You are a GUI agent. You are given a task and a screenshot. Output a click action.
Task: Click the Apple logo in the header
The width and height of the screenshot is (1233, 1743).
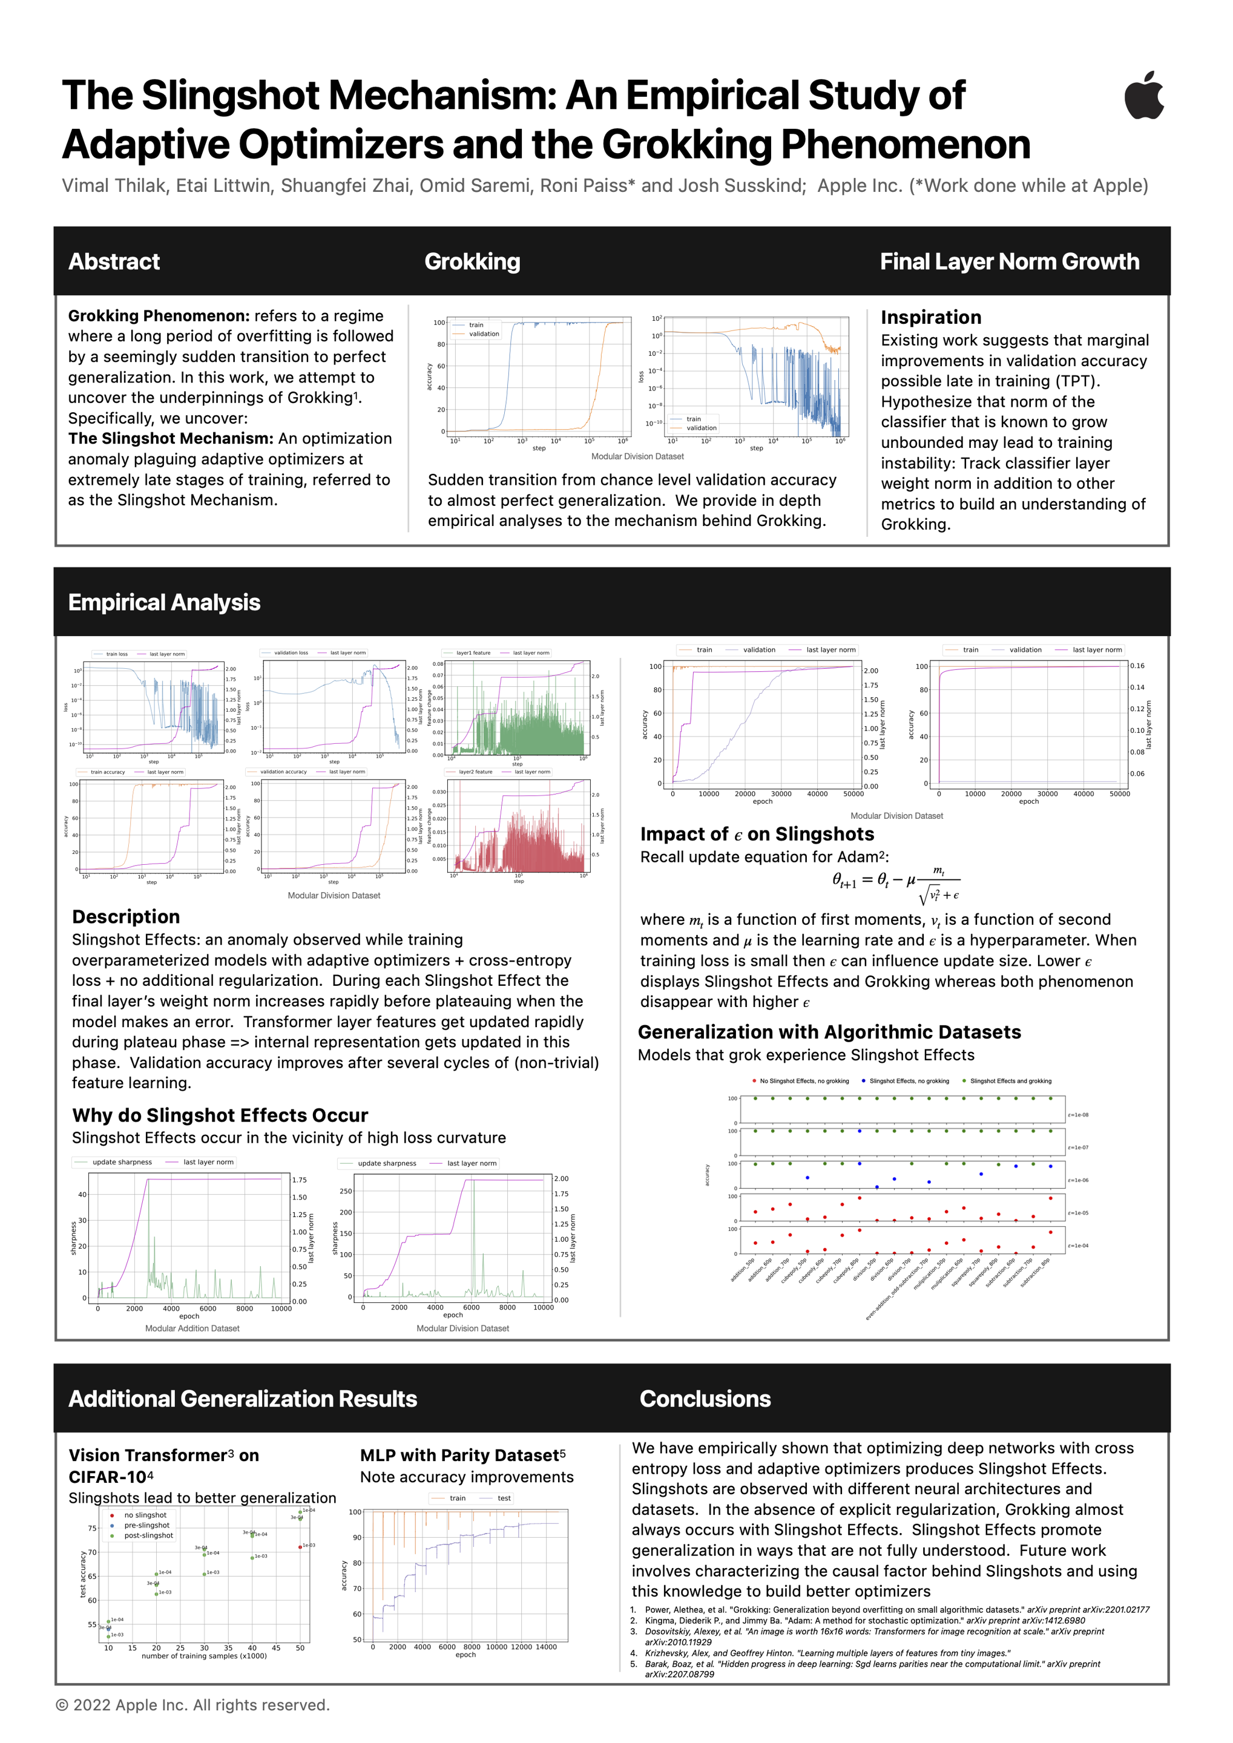tap(1143, 96)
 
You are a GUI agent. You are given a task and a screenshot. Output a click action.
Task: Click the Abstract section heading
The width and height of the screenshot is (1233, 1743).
tap(114, 262)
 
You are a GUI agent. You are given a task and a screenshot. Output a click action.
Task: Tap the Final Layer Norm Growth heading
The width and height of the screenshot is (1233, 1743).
tap(1009, 262)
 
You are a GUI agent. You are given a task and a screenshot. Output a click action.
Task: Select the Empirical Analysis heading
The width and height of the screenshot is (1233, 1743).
tap(164, 603)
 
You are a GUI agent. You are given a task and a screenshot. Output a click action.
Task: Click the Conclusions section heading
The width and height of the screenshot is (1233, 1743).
tap(705, 1399)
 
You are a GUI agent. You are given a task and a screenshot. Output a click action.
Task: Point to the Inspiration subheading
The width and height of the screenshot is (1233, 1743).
tap(931, 317)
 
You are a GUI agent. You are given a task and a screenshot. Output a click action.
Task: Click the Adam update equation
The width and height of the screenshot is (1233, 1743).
tap(896, 884)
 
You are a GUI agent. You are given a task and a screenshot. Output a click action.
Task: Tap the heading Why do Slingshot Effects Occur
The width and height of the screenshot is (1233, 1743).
tap(220, 1115)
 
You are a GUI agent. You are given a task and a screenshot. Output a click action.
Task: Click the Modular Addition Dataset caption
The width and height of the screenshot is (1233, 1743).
tap(192, 1328)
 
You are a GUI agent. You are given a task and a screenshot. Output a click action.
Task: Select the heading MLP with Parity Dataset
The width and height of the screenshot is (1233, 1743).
tap(462, 1456)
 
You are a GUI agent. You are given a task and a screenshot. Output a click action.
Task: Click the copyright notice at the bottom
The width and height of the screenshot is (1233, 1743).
tap(193, 1705)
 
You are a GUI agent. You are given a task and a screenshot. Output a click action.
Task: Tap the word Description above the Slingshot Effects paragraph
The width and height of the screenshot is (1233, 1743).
tap(126, 917)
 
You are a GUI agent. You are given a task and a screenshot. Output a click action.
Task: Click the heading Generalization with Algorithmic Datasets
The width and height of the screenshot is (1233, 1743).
tap(829, 1032)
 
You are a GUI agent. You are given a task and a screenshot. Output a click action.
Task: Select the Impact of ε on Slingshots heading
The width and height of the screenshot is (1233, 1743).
tap(757, 835)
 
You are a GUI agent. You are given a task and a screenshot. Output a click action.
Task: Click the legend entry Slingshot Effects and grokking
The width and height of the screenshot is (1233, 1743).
tap(1010, 1081)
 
